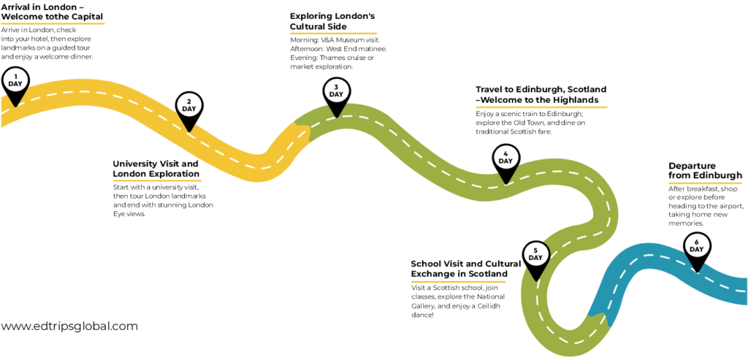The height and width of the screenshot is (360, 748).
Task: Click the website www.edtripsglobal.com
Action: tap(69, 326)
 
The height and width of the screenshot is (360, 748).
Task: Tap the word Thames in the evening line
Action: tap(332, 58)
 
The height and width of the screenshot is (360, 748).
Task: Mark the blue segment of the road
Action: tap(668, 281)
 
